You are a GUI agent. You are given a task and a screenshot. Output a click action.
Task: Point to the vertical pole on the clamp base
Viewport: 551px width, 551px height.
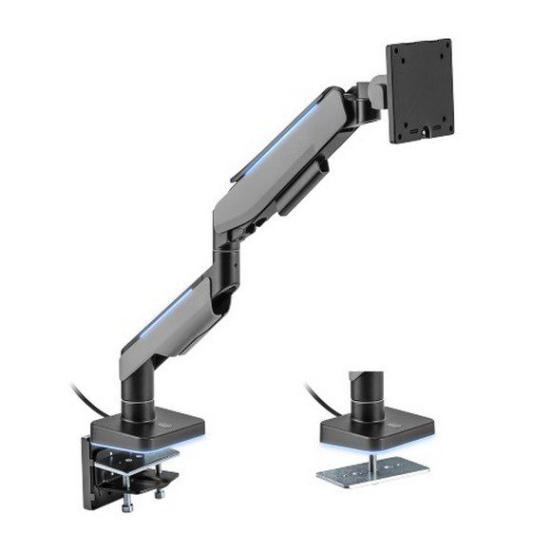[134, 389]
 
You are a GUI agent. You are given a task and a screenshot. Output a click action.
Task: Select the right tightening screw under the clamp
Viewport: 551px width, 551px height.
[158, 494]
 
